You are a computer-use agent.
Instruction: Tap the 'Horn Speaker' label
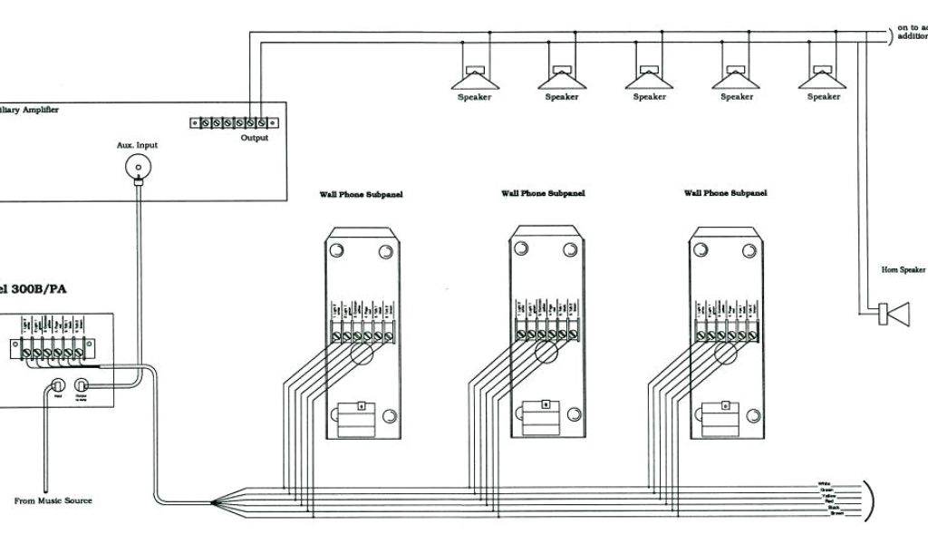coord(904,269)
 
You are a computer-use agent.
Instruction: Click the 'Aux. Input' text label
coord(137,144)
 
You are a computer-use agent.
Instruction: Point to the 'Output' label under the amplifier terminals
coord(255,138)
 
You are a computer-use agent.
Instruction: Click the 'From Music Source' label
coord(53,500)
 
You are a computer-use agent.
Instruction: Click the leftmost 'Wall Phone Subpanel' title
coord(360,194)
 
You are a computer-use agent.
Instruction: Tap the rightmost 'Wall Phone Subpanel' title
coord(725,193)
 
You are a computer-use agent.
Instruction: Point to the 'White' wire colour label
coord(824,483)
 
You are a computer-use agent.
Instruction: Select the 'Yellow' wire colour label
coord(827,496)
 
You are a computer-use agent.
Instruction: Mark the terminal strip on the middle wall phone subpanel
coord(545,335)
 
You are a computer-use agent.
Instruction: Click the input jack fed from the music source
coord(58,384)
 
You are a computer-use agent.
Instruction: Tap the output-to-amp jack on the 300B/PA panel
coord(82,384)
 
